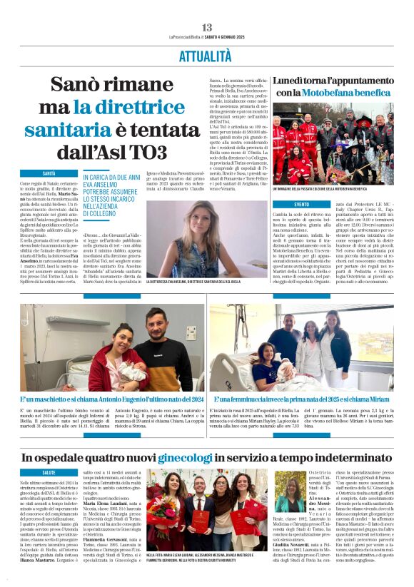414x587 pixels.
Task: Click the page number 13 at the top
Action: click(206, 27)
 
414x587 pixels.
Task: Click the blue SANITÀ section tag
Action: click(49, 174)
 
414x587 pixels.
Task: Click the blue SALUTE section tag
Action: click(49, 472)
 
